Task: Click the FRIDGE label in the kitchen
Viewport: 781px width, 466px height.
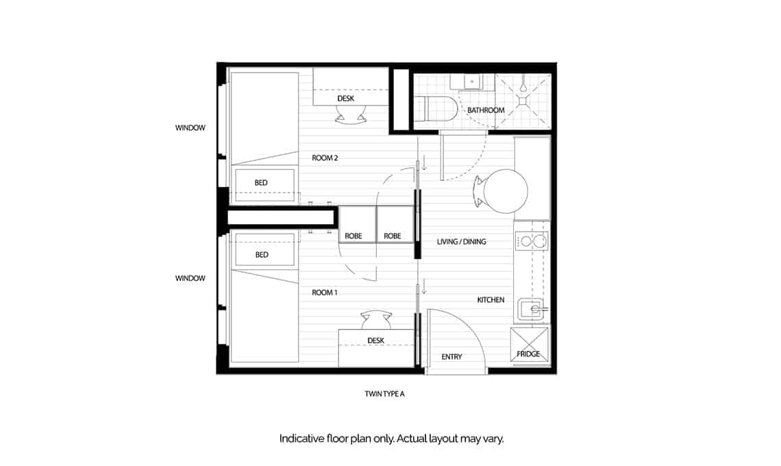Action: pyautogui.click(x=529, y=354)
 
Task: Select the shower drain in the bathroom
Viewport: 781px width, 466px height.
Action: pyautogui.click(x=523, y=101)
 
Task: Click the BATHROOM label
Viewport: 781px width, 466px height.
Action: pyautogui.click(x=486, y=110)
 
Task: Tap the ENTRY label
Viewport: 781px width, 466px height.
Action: pyautogui.click(x=451, y=357)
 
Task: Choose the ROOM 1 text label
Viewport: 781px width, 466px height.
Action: pyautogui.click(x=325, y=293)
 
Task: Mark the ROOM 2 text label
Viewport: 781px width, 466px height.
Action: pyautogui.click(x=325, y=158)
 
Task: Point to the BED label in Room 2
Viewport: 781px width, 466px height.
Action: pyautogui.click(x=261, y=183)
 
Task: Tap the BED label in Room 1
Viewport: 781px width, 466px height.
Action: pyautogui.click(x=261, y=255)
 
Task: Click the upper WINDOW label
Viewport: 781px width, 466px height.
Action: pyautogui.click(x=190, y=128)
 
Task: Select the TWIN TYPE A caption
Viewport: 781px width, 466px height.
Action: pyautogui.click(x=388, y=394)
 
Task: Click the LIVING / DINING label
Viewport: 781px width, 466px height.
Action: pyautogui.click(x=462, y=242)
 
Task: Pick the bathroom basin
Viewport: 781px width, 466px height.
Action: pyautogui.click(x=472, y=82)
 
